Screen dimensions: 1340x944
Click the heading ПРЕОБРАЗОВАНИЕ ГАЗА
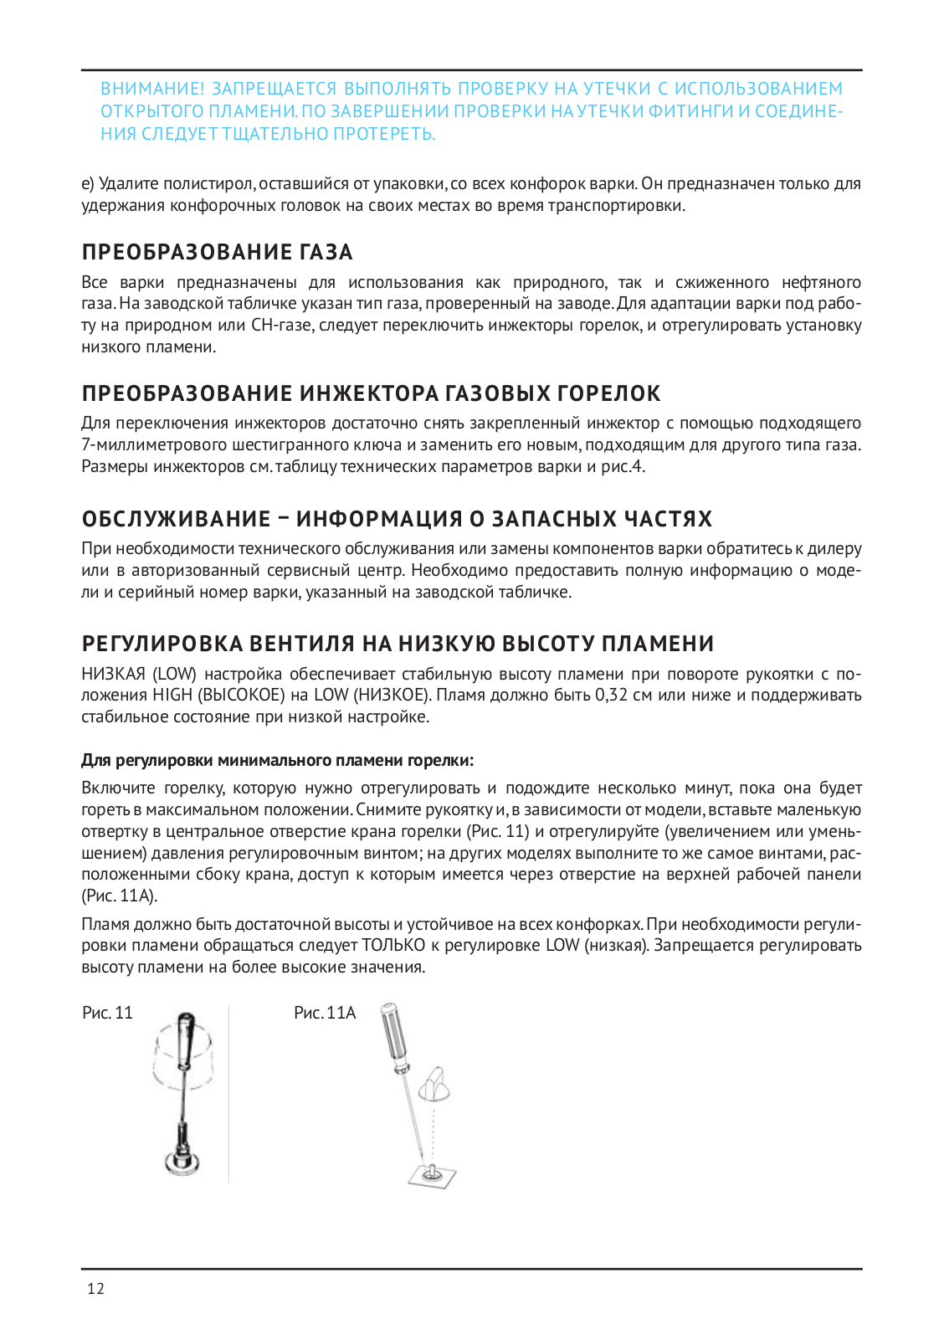(x=218, y=252)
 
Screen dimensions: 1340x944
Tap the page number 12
(x=96, y=1288)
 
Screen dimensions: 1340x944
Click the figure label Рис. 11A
(x=325, y=1013)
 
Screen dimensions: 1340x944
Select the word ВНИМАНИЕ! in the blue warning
(x=152, y=89)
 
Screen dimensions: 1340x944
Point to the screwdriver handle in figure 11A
(x=392, y=1035)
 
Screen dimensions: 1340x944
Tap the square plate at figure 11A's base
(x=433, y=1176)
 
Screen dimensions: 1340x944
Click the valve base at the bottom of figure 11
(x=182, y=1159)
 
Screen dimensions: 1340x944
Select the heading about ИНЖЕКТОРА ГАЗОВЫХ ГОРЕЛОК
(x=372, y=393)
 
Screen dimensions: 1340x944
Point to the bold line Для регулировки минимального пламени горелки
(x=277, y=760)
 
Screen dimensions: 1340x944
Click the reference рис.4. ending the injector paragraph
(x=623, y=466)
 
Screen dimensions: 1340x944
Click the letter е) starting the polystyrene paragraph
(x=88, y=183)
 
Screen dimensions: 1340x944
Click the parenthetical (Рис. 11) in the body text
(x=496, y=831)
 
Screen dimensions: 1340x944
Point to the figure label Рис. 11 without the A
(x=107, y=1013)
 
